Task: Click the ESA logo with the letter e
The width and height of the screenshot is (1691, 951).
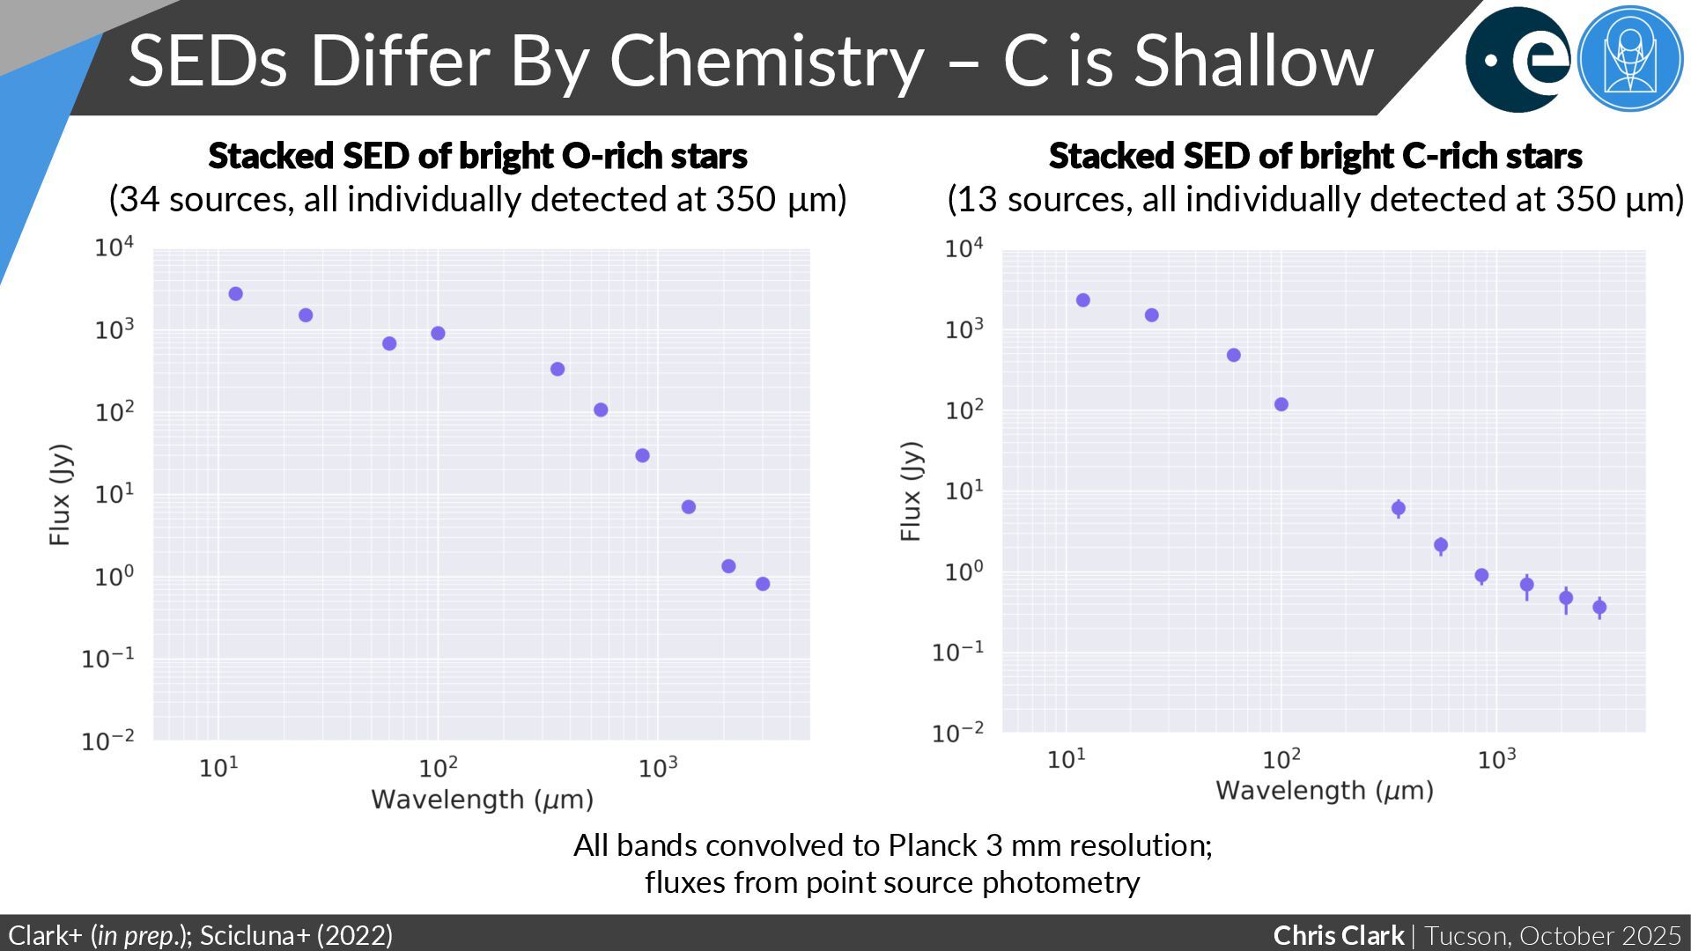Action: click(x=1517, y=59)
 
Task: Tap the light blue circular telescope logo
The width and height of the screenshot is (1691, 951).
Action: click(x=1629, y=59)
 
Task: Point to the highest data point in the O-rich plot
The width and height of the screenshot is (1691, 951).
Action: click(x=236, y=294)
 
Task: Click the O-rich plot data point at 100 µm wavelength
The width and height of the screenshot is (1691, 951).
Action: click(x=438, y=333)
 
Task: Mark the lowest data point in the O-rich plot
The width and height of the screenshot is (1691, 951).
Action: click(x=763, y=584)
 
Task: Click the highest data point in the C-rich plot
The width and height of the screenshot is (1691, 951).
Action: click(x=1083, y=300)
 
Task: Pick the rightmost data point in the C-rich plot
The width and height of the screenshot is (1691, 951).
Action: click(x=1599, y=607)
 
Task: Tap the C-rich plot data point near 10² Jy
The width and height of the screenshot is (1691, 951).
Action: click(x=1281, y=404)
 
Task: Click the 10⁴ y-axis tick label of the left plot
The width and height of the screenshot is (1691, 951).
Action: click(x=114, y=248)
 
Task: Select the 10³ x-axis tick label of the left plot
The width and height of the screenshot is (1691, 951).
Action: click(x=658, y=768)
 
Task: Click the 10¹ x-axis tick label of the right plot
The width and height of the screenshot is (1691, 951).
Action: click(x=1067, y=759)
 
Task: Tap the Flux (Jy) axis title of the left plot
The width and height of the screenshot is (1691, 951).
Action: click(x=59, y=495)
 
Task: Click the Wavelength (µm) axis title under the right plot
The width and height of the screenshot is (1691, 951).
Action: click(x=1325, y=791)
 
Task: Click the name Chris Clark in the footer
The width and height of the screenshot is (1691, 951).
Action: click(x=1338, y=935)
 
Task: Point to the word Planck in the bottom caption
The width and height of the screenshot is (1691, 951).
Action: click(x=933, y=845)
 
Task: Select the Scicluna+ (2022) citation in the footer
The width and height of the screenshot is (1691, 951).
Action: click(x=297, y=935)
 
